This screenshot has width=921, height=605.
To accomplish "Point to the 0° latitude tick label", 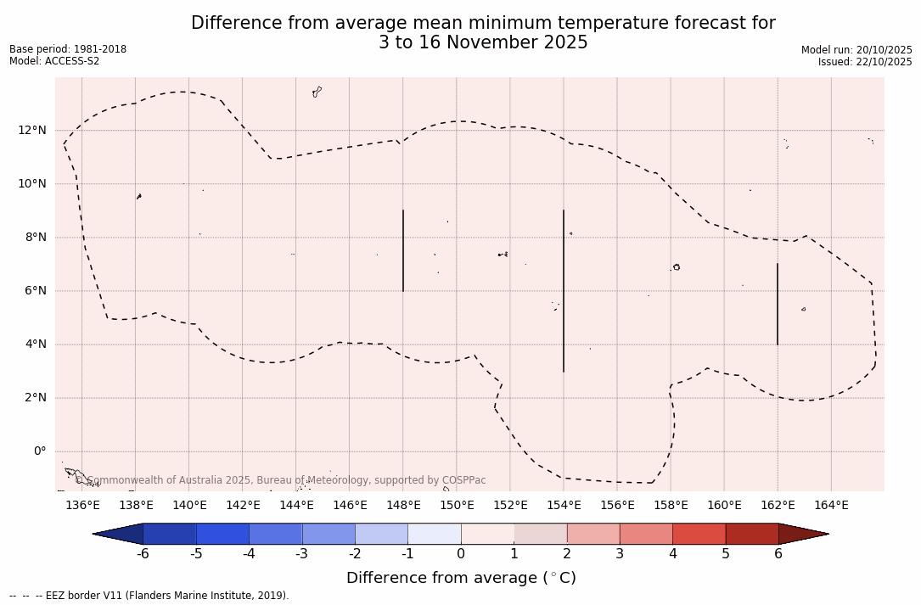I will pyautogui.click(x=39, y=451).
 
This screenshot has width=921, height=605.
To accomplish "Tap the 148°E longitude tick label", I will pyautogui.click(x=403, y=506).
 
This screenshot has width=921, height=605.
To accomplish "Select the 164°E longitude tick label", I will pyautogui.click(x=831, y=506).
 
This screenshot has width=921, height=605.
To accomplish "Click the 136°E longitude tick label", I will pyautogui.click(x=82, y=506).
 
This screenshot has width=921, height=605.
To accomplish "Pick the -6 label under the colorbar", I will pyautogui.click(x=143, y=554).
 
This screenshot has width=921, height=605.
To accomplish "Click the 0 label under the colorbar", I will pyautogui.click(x=461, y=554).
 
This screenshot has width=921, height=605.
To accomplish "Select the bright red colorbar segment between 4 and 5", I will pyautogui.click(x=699, y=534).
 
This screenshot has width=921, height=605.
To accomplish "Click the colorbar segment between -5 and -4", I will pyautogui.click(x=222, y=534).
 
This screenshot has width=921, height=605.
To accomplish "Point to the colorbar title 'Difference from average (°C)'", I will pyautogui.click(x=461, y=578).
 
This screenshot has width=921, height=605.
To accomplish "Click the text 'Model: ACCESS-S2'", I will pyautogui.click(x=54, y=61).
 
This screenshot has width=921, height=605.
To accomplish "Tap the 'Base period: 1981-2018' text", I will pyautogui.click(x=68, y=49).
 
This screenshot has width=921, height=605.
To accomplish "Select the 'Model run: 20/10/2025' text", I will pyautogui.click(x=856, y=50).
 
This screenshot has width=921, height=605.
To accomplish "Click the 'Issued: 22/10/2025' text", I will pyautogui.click(x=865, y=62).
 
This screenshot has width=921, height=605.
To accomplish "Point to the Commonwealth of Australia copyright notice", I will pyautogui.click(x=281, y=480).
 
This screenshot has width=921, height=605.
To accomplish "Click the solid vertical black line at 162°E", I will pyautogui.click(x=778, y=304).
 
